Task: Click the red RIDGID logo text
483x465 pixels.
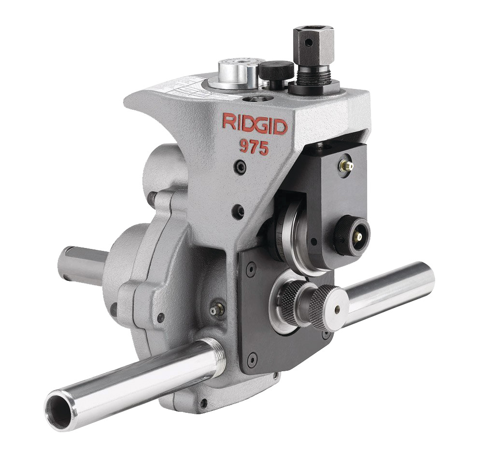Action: pos(255,124)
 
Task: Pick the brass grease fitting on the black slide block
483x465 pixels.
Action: pos(346,165)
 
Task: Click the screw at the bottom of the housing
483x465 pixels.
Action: pos(203,402)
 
